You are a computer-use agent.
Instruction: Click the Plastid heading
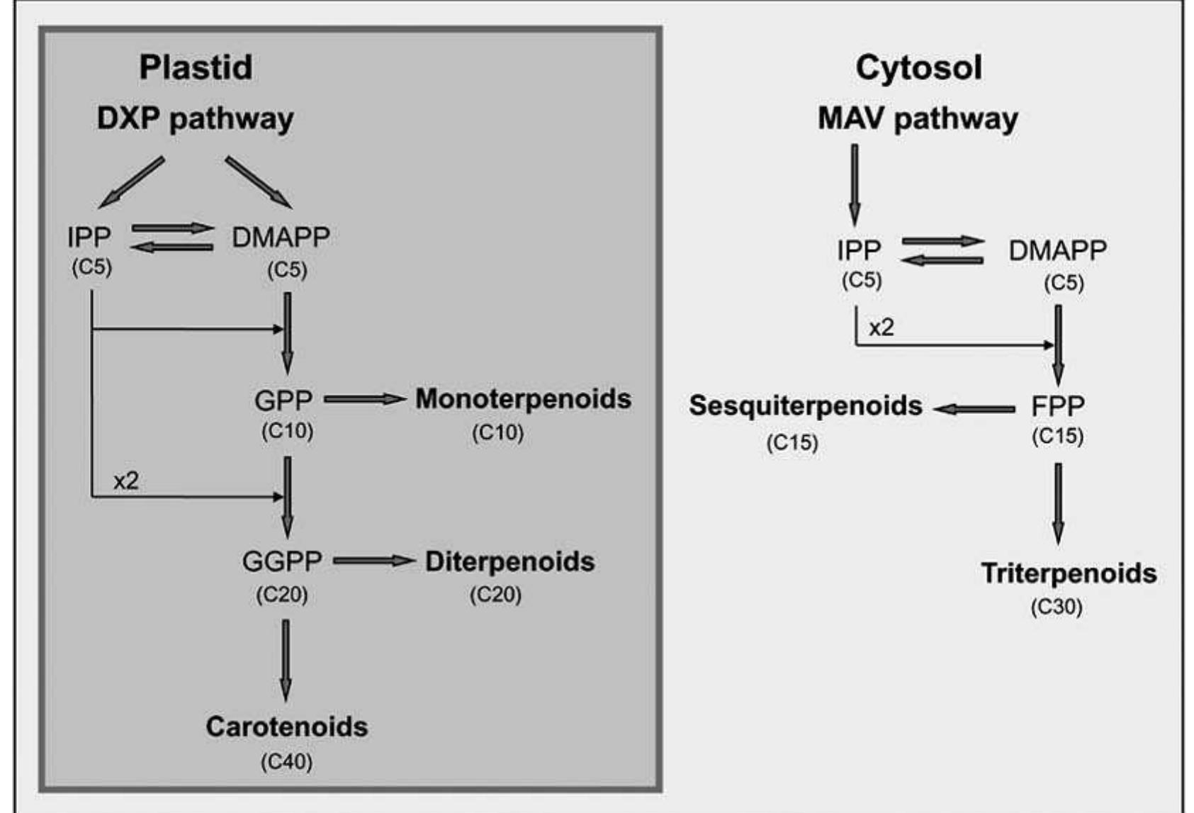196,67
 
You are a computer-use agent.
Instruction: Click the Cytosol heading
918,67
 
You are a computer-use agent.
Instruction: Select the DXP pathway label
195,118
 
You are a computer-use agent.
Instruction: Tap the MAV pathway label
918,118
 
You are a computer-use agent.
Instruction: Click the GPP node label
283,400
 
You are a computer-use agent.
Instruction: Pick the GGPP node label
282,561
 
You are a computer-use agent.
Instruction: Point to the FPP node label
1057,406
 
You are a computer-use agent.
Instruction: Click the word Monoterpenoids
523,399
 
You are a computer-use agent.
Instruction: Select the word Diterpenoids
509,561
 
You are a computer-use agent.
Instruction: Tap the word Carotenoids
286,727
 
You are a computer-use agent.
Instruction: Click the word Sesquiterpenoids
806,405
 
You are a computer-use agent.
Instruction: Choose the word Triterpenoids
1069,573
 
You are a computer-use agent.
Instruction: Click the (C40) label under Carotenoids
286,762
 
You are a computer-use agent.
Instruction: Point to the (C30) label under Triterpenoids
1057,607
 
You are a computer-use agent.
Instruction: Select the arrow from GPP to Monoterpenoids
364,400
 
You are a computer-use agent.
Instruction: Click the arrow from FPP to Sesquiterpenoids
974,409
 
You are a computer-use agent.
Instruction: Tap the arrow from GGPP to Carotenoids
286,659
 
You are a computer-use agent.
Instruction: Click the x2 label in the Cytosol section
882,327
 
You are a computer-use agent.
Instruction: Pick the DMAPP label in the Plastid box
281,237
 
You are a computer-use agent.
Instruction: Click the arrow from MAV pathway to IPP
855,184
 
